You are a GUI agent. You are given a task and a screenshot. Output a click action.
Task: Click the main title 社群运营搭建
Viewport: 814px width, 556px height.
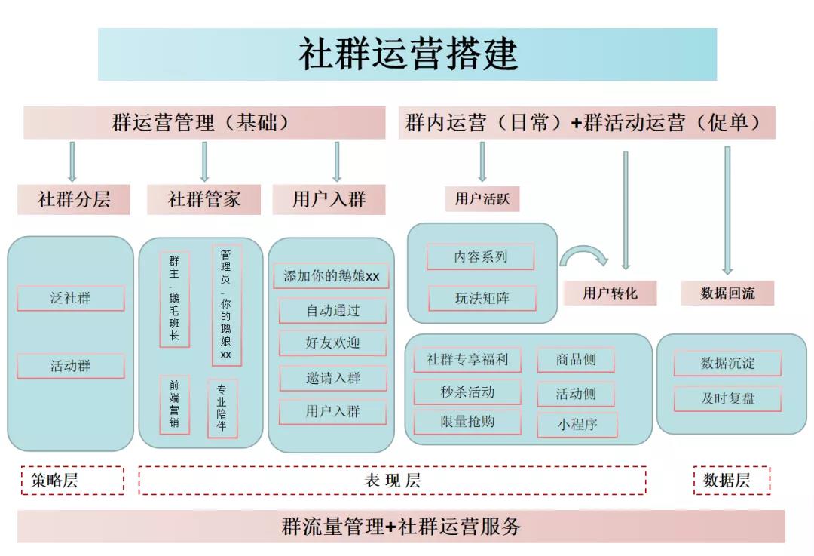[x=407, y=54]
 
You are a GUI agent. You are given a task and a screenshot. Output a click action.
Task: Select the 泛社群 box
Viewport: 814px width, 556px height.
[x=71, y=298]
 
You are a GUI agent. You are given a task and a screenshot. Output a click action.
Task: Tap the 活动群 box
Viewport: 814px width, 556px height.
[x=71, y=367]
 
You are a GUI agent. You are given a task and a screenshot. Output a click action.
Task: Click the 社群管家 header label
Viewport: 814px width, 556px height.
[x=203, y=200]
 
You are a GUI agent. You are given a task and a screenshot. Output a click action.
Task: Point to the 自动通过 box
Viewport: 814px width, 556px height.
[x=332, y=310]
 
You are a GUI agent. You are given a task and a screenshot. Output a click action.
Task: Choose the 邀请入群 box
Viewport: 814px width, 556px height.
[x=332, y=378]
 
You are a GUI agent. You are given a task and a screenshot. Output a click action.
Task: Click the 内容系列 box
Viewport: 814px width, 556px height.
[x=480, y=257]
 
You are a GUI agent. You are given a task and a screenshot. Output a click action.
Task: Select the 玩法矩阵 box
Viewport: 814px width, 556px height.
[x=482, y=299]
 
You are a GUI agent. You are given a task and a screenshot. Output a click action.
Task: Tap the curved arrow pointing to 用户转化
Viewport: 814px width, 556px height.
[x=584, y=256]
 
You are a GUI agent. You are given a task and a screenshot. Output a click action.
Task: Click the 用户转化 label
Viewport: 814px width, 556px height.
[x=609, y=293]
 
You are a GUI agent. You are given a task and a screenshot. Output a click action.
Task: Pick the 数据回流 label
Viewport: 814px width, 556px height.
[x=727, y=293]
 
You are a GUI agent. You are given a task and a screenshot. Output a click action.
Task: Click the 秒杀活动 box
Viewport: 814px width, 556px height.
[x=467, y=392]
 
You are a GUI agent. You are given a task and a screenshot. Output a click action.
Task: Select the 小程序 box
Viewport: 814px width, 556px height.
[x=577, y=425]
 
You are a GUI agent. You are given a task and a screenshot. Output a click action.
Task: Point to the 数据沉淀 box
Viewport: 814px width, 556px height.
[x=727, y=364]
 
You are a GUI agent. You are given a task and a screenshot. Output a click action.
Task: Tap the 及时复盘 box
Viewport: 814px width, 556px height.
[x=727, y=398]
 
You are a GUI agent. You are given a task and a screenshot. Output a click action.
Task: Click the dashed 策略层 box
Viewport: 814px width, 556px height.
[x=72, y=481]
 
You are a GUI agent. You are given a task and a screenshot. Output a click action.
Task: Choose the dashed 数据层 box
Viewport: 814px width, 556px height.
[x=731, y=481]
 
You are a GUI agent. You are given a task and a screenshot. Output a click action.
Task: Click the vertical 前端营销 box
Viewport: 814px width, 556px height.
[x=174, y=404]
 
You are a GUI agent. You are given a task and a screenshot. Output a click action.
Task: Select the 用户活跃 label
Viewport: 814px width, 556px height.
[x=482, y=200]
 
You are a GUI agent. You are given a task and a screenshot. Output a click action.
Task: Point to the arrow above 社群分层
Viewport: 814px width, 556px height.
[x=72, y=161]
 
